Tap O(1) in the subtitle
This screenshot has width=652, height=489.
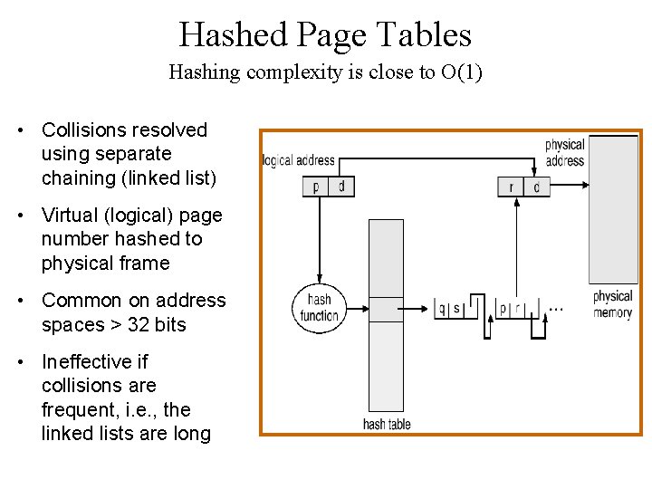(x=461, y=72)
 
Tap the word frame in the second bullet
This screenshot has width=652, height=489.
(x=145, y=264)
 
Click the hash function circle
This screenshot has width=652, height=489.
(x=318, y=308)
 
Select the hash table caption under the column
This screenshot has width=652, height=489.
(x=387, y=424)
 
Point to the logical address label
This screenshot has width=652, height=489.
(x=298, y=160)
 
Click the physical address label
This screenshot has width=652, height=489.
(x=565, y=152)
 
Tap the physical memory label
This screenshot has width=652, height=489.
(x=612, y=304)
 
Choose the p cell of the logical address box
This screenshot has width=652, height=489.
(x=315, y=187)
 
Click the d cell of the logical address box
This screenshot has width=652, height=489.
(x=341, y=187)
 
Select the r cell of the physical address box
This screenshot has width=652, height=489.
(x=511, y=187)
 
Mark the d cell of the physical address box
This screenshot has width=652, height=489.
(x=536, y=187)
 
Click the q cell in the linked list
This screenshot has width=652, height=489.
(x=442, y=309)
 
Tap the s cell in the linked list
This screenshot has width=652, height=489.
(x=456, y=309)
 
